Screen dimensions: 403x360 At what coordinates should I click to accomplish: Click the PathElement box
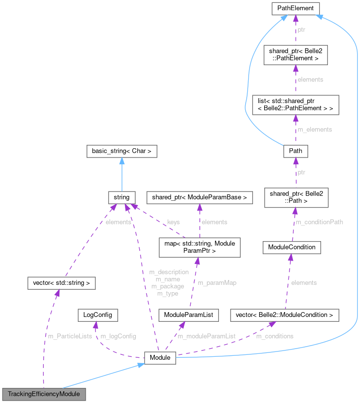coord(295,8)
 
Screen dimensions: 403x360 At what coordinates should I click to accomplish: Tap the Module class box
coord(160,358)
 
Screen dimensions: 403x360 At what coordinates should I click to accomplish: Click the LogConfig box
coord(98,315)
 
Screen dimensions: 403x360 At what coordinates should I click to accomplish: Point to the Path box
coord(295,151)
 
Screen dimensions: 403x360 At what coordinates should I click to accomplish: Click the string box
coord(121,197)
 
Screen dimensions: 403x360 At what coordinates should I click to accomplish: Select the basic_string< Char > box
coord(121,151)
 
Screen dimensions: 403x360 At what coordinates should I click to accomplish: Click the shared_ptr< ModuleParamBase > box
coord(200,197)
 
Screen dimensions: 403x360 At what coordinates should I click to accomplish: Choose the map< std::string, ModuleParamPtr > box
coord(199,247)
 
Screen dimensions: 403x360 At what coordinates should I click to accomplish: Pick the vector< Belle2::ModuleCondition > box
coord(284,315)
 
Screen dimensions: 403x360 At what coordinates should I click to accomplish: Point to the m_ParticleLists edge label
coord(70,336)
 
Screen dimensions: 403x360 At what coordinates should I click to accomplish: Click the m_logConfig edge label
coord(118,336)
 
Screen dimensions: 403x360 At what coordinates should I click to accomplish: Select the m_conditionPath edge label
coord(320,222)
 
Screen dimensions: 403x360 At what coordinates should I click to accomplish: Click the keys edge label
coord(173,222)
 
